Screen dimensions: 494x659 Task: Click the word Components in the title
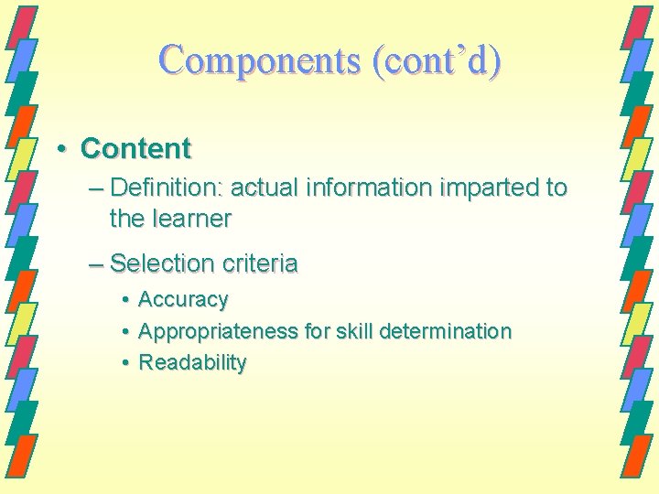[x=260, y=60]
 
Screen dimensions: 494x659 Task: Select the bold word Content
[x=135, y=147]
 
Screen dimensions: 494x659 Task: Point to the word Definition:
[x=167, y=188]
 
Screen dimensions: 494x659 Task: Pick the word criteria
[x=258, y=263]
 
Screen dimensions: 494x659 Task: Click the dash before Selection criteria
[x=96, y=264]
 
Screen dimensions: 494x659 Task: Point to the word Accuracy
[x=182, y=300]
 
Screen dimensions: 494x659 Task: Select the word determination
[x=447, y=331]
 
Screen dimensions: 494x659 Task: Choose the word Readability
[x=192, y=362]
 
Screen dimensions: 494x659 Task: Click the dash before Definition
[x=96, y=189]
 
